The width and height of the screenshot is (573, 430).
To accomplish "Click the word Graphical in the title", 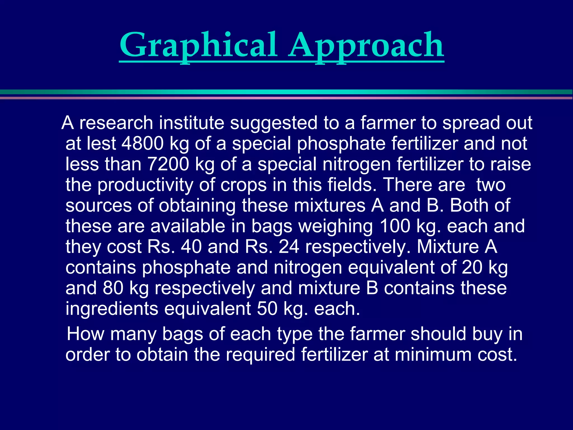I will tap(198, 45).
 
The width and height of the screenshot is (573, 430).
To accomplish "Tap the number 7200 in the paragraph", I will tap(168, 164).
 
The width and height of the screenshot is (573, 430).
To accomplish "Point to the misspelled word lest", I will tap(101, 144).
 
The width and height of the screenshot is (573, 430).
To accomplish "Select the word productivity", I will tap(145, 185).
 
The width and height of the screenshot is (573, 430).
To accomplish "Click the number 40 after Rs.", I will tap(191, 247).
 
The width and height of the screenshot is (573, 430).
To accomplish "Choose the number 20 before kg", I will tap(472, 268).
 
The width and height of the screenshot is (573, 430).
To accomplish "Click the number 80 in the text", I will tap(113, 288).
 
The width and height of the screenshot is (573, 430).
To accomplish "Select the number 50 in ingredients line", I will tap(267, 309).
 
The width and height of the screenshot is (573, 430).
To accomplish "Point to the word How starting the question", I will tap(86, 334).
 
